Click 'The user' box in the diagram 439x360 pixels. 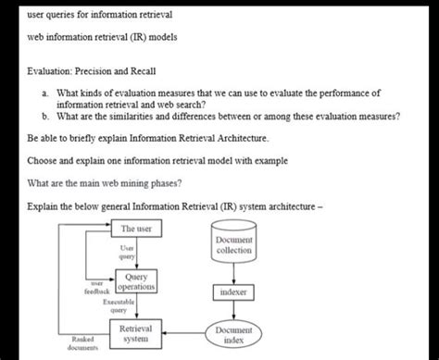[137, 228]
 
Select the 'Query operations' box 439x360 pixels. [136, 281]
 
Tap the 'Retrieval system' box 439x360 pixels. [136, 335]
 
